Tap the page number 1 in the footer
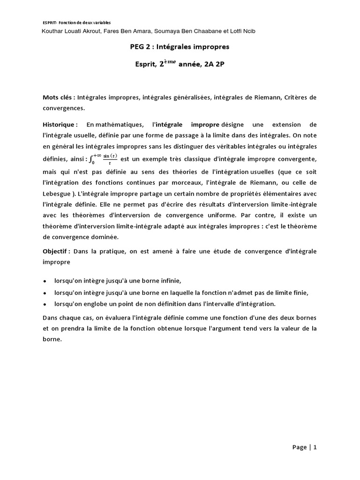pos(315,447)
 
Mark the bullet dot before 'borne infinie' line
pos(45,281)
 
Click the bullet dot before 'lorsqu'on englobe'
pos(45,304)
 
